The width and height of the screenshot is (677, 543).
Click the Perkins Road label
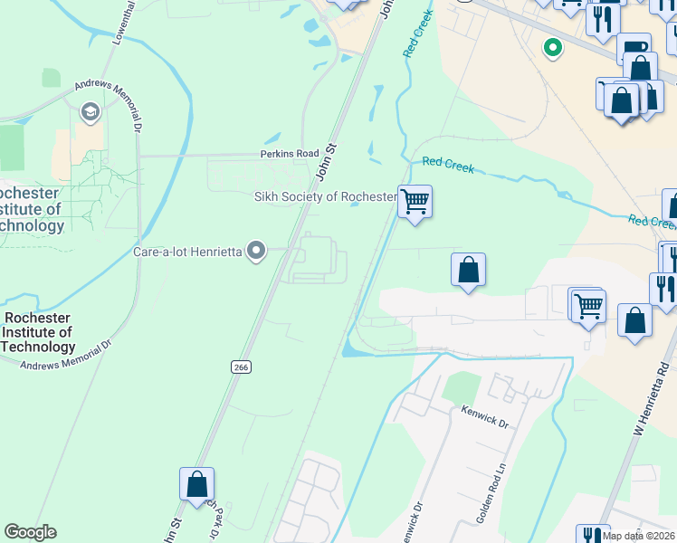coord(291,154)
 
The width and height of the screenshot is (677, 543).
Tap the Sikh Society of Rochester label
coord(325,197)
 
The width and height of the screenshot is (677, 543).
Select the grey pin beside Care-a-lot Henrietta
coord(257,251)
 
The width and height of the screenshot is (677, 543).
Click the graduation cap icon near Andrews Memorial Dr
coord(90,111)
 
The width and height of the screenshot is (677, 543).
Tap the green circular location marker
coord(551,47)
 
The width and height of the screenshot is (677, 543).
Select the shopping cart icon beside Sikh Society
coord(415,200)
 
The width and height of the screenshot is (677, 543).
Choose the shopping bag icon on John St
coord(196,483)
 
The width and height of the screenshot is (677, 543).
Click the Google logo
coord(30,532)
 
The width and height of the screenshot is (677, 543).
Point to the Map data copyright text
coord(639,536)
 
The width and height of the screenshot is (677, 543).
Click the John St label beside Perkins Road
coord(326,160)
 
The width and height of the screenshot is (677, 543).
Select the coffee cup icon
coord(634,46)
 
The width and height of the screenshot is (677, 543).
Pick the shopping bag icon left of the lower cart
coord(468,270)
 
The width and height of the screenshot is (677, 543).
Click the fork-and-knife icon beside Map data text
coord(592,535)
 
